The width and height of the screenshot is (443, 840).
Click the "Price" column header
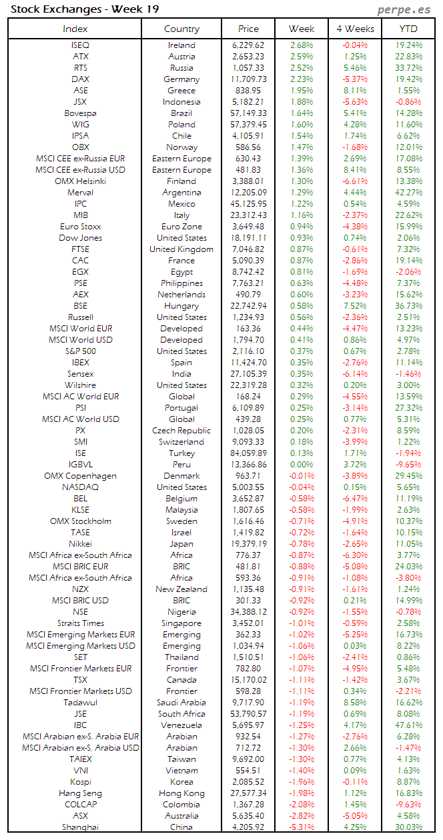click(248, 29)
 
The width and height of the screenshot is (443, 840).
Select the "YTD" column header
click(408, 29)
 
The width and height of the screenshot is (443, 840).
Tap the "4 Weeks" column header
click(355, 29)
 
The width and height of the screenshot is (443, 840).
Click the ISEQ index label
click(81, 45)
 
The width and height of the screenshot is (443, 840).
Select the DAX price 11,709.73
click(248, 79)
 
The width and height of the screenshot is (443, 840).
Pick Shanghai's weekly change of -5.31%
click(302, 827)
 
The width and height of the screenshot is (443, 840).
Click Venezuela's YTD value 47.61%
click(409, 725)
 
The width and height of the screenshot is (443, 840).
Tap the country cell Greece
click(181, 91)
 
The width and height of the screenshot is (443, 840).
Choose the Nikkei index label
click(81, 544)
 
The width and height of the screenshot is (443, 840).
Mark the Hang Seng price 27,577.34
click(248, 793)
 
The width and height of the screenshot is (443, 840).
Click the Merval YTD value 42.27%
click(409, 193)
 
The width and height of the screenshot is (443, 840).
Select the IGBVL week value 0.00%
click(302, 465)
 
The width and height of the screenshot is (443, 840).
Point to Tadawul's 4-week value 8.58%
click(355, 703)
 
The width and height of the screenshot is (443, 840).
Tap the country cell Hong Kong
click(181, 793)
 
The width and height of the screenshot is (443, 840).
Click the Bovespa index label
click(81, 113)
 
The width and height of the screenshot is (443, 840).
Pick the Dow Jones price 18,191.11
click(248, 238)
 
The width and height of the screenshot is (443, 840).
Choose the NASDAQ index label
click(81, 487)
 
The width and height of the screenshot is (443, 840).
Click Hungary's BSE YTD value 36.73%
click(409, 306)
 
